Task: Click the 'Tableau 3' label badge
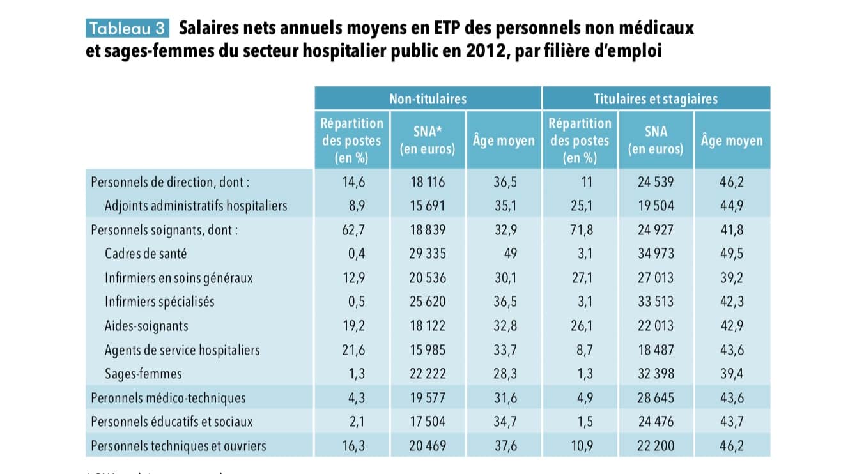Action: (x=127, y=29)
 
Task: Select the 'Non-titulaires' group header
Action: (x=428, y=99)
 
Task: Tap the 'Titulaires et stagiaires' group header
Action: (x=656, y=99)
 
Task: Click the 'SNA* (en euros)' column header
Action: (x=428, y=140)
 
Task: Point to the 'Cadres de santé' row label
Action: (x=146, y=254)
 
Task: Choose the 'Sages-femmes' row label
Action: (x=143, y=374)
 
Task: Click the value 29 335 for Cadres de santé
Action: (x=428, y=254)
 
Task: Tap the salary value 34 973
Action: (x=656, y=254)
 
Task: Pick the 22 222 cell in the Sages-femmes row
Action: (x=428, y=374)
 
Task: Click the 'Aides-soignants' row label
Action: (x=146, y=326)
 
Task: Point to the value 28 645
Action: (x=656, y=398)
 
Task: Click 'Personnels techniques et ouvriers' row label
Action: (x=178, y=446)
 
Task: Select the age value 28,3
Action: (x=504, y=374)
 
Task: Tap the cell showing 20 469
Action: (x=428, y=446)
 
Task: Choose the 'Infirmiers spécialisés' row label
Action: (x=159, y=302)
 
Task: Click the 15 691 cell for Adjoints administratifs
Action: (x=428, y=206)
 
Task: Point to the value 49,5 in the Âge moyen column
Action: (x=731, y=254)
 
